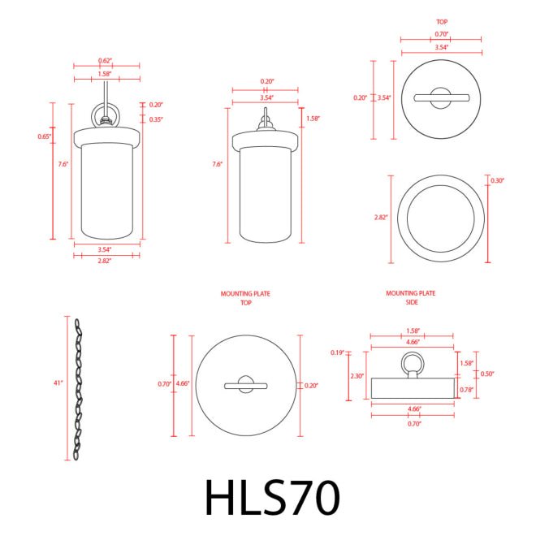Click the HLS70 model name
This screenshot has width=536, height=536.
click(x=271, y=497)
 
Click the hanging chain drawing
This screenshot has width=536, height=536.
click(x=79, y=390)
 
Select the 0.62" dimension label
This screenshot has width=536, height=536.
click(x=105, y=61)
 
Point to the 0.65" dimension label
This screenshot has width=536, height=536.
click(x=44, y=136)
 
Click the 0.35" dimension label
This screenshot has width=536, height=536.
click(x=156, y=119)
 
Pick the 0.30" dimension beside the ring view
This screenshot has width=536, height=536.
click(x=498, y=180)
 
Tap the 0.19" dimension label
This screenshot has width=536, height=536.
click(x=338, y=352)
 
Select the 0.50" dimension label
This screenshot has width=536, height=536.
click(x=487, y=374)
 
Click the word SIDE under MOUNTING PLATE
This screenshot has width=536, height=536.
click(x=410, y=301)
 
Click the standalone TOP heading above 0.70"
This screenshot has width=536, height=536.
click(x=442, y=22)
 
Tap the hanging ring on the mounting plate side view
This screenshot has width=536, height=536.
click(x=411, y=361)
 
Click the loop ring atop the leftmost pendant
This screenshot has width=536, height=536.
click(x=106, y=113)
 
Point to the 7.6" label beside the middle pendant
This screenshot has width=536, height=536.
click(x=217, y=164)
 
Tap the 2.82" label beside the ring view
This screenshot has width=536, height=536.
click(x=381, y=218)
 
